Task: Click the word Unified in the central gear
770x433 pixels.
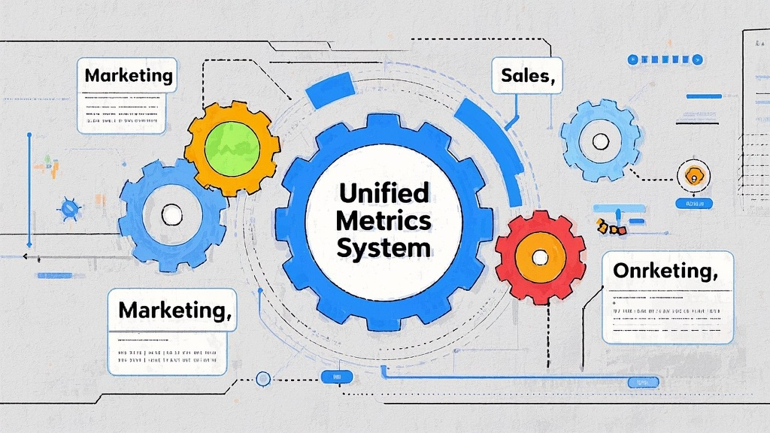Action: coord(383,194)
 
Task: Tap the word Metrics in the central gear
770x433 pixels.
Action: coord(383,220)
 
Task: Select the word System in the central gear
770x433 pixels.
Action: coord(383,248)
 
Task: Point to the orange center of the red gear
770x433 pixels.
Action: coord(540,256)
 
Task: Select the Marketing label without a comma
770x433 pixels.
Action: coord(128,76)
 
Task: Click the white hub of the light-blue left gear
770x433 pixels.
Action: coord(172,214)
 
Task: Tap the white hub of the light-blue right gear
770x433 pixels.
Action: coord(600,141)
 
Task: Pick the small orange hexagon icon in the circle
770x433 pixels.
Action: coord(693,177)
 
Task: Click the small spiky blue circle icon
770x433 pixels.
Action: coord(70,208)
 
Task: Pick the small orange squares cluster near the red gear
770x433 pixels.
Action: coord(611,227)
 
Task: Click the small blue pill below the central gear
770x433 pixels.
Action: coord(331,377)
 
